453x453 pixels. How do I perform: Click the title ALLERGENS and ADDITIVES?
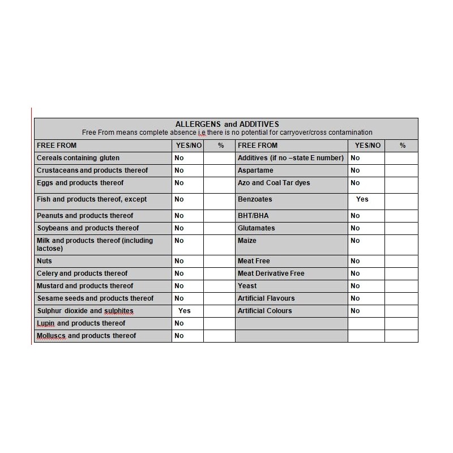click(226, 124)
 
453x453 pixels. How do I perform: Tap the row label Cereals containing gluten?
click(78, 158)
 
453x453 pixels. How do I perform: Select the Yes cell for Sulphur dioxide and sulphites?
click(185, 311)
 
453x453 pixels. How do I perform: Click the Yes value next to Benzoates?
click(362, 199)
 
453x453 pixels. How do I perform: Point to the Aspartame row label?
click(255, 170)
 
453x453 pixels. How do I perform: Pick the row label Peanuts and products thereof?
click(85, 216)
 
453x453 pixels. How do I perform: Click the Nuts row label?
click(44, 261)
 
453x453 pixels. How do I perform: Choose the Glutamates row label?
click(256, 228)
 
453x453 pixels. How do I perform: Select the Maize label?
click(247, 241)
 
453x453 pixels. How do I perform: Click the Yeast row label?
click(247, 286)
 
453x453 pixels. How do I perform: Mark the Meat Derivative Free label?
click(271, 273)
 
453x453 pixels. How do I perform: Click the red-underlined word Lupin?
click(46, 323)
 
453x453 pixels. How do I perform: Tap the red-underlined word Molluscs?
click(51, 336)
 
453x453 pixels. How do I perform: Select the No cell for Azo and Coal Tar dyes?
click(355, 183)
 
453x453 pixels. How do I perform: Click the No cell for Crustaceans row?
click(179, 170)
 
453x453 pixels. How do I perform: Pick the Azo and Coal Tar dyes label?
click(273, 183)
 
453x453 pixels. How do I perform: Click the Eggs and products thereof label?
click(80, 183)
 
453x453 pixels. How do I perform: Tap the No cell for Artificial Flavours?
click(355, 298)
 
